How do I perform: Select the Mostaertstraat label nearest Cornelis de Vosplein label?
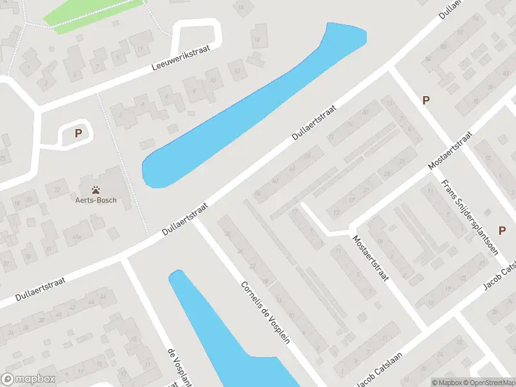point(370,258)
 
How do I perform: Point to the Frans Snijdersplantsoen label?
point(469,216)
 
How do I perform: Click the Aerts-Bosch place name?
point(95,200)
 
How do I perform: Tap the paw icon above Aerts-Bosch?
point(95,190)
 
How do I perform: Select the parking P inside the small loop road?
point(78,134)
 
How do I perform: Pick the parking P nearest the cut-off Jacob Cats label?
point(502,230)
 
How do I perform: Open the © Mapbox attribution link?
point(446,382)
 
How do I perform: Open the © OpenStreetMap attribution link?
point(489,382)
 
